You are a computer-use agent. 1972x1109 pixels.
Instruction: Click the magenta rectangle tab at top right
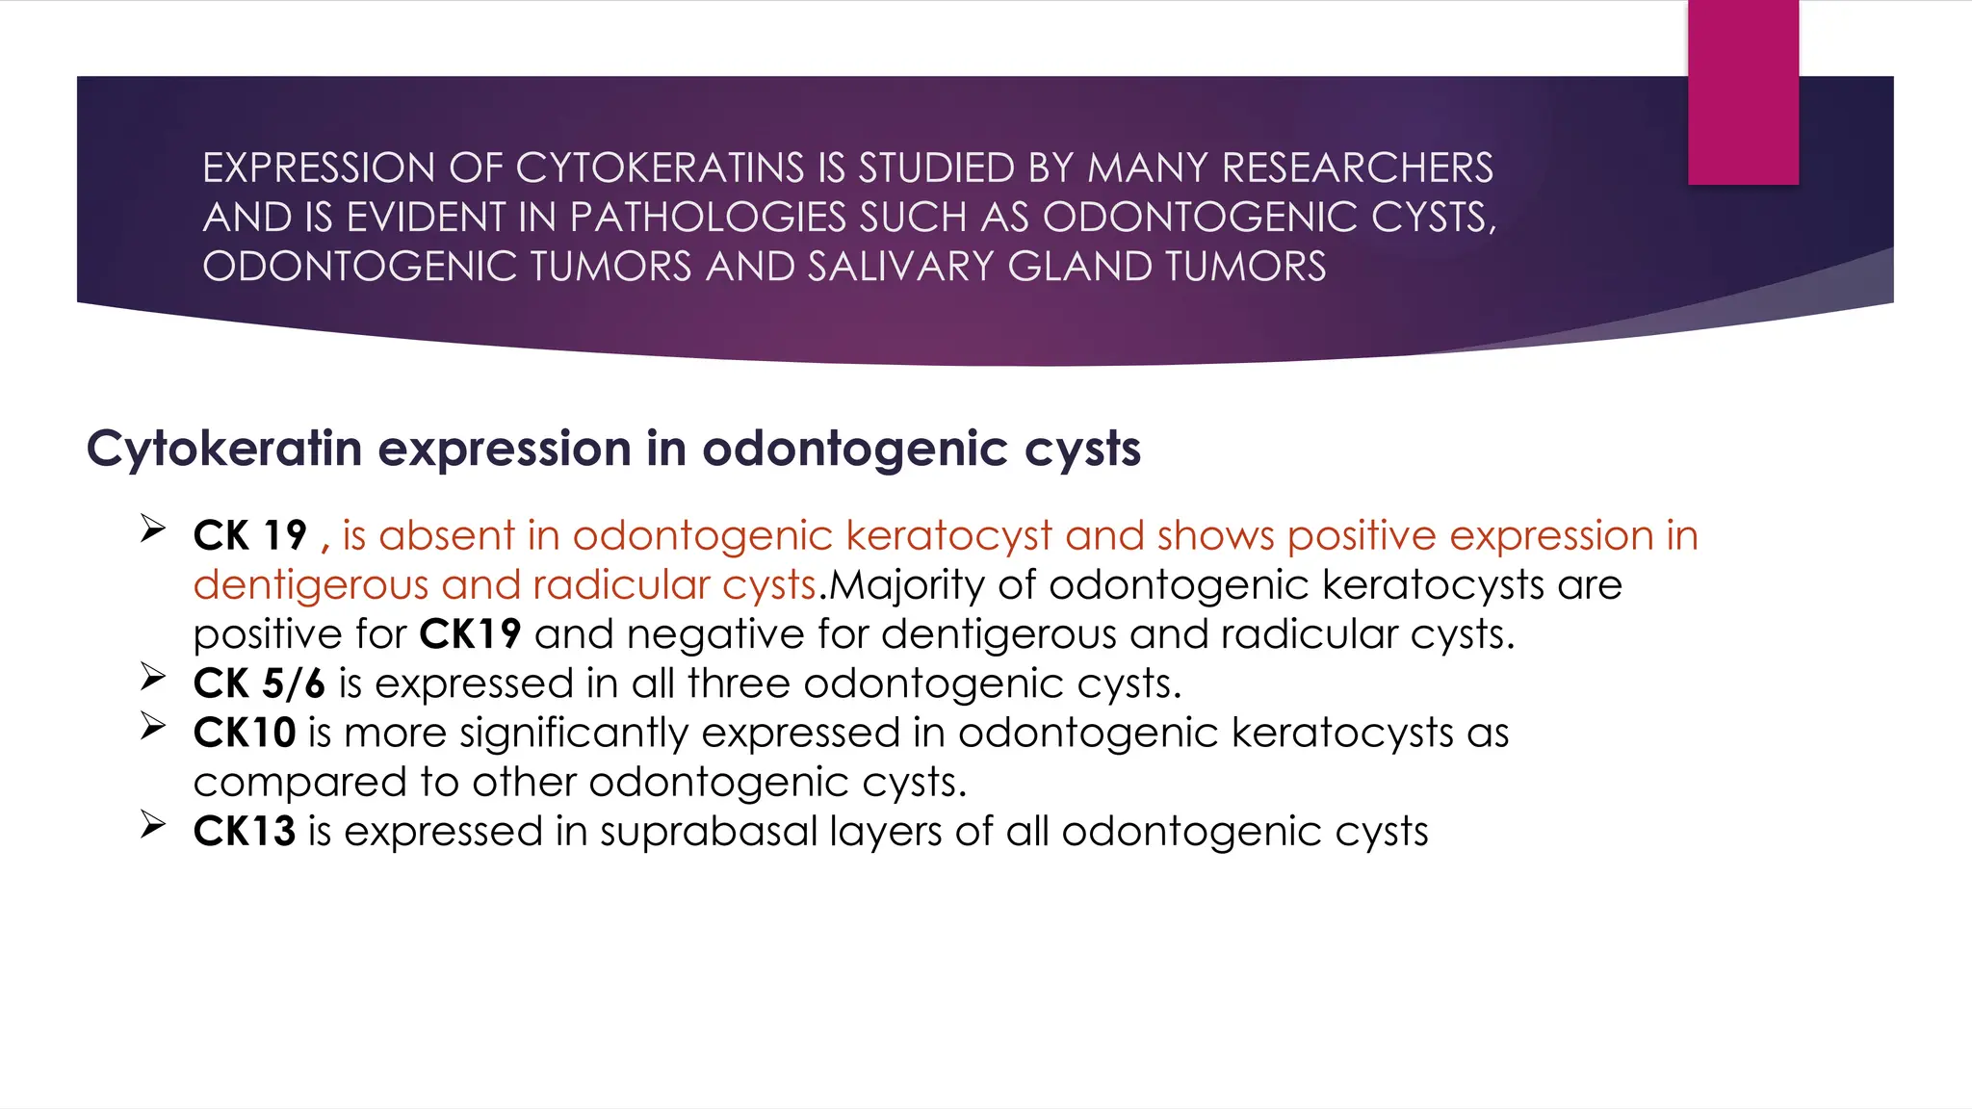pyautogui.click(x=1743, y=92)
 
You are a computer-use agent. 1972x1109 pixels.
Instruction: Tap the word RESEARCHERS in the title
pyautogui.click(x=1358, y=168)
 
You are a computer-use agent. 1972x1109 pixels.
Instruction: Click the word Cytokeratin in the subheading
pyautogui.click(x=224, y=449)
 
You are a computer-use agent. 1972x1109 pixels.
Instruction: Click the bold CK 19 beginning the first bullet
pyautogui.click(x=249, y=536)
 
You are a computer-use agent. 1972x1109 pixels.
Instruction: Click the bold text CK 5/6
pyautogui.click(x=259, y=683)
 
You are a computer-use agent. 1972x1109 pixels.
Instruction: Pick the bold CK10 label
pyautogui.click(x=244, y=733)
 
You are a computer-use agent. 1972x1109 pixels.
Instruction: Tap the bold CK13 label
pyautogui.click(x=244, y=832)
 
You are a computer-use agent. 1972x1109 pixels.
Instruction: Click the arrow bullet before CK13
pyautogui.click(x=153, y=824)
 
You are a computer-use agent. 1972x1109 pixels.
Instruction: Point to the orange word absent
pyautogui.click(x=447, y=536)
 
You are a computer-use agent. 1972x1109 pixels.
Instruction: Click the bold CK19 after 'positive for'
pyautogui.click(x=470, y=634)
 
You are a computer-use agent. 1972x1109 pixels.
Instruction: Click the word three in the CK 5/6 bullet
pyautogui.click(x=739, y=683)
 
